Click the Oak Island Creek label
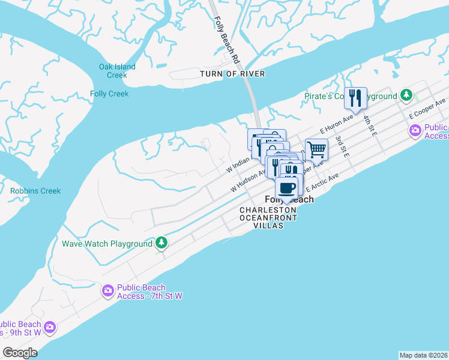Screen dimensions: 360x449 [x=117, y=71]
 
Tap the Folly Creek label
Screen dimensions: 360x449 [x=109, y=94]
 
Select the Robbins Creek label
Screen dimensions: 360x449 [x=35, y=191]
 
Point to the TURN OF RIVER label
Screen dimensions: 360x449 [x=232, y=74]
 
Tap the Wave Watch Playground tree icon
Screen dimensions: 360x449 [x=161, y=243]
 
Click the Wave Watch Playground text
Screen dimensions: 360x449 [x=107, y=244]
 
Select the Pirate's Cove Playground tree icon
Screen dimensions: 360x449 [x=406, y=95]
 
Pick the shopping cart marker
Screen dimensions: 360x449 [x=316, y=149]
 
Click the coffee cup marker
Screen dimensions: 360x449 [x=287, y=187]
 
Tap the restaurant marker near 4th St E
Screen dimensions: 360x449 [x=355, y=98]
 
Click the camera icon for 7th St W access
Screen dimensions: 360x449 [x=108, y=291]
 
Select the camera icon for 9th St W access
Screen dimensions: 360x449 [x=50, y=327]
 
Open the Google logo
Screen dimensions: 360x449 [x=20, y=353]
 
